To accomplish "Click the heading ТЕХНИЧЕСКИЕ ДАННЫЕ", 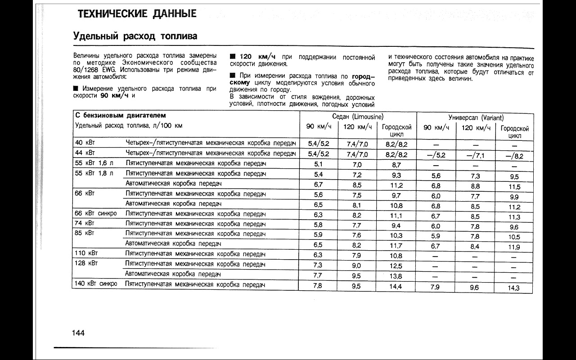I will point(137,14).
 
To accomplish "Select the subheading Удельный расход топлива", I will point(135,36).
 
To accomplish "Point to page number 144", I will point(78,333).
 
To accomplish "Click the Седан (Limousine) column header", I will point(358,117).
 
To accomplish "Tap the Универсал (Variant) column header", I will point(475,117).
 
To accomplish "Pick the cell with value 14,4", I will point(396,286).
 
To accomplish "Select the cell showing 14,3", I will point(513,288).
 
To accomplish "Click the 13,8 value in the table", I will point(396,276).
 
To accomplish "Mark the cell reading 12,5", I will point(396,266).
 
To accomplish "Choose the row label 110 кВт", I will point(86,253).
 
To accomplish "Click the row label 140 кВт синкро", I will point(96,284).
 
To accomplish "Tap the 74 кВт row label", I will point(84,223).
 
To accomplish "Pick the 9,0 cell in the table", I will point(356,265).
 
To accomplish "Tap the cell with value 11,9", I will point(514,247).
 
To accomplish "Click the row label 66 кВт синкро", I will point(96,213).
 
